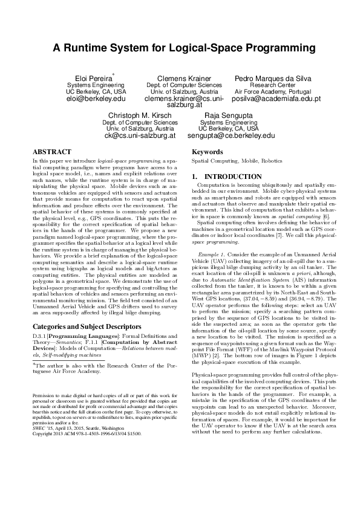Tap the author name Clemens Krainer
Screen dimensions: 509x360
[x=184, y=79]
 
